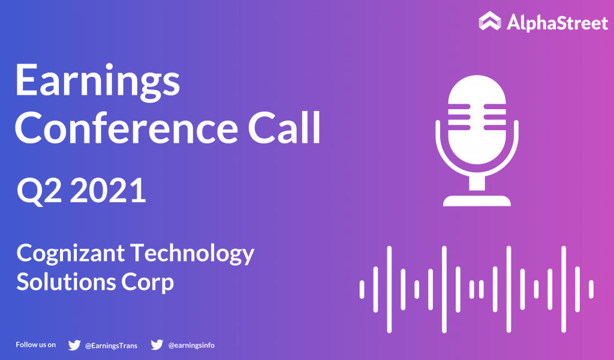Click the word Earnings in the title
(98, 81)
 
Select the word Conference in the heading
(127, 128)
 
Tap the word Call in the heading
(284, 128)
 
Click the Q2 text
(39, 191)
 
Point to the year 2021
(108, 190)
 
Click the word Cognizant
(71, 254)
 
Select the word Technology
(192, 254)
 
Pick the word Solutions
(66, 282)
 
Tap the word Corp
(148, 283)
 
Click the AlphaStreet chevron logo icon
(490, 21)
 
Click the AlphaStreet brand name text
(557, 22)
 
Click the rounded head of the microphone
(477, 119)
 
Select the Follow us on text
(35, 345)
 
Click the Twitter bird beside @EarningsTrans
(74, 345)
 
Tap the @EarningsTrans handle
(111, 346)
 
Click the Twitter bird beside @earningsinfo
(157, 345)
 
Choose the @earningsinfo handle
(191, 345)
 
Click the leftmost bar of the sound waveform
(362, 289)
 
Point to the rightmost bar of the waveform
(591, 289)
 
